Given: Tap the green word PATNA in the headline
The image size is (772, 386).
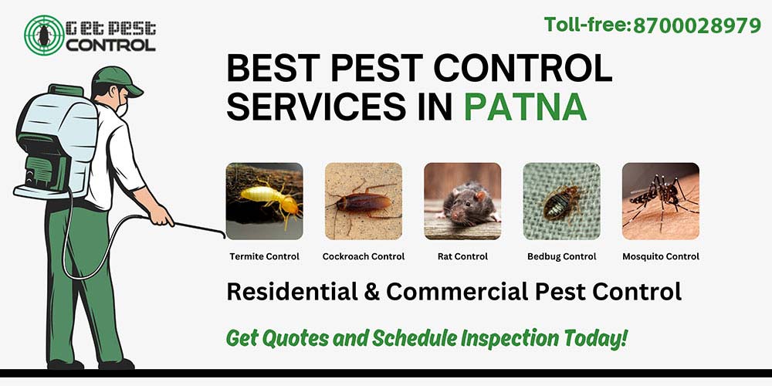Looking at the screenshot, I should coord(525,107).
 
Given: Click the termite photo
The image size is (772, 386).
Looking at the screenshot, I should coord(264,201).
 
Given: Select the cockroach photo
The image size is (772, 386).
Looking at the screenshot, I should coord(363,201).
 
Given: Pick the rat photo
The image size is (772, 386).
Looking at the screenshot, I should coord(462,201).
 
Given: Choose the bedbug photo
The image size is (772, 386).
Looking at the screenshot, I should coord(561,201).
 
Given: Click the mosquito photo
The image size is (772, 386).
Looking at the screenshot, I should coord(660,201).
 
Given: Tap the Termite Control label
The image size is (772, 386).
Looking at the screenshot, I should coord(264,256).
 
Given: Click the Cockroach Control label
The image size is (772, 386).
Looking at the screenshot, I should coord(363,256).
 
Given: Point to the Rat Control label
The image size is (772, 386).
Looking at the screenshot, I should coord(462,256).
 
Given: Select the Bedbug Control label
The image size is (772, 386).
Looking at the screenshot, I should coord(561,256).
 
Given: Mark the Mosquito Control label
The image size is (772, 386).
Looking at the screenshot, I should coord(660,256).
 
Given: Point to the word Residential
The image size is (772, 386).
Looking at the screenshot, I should coord(283,292).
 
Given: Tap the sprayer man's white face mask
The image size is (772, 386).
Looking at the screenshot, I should coord(121,110).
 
